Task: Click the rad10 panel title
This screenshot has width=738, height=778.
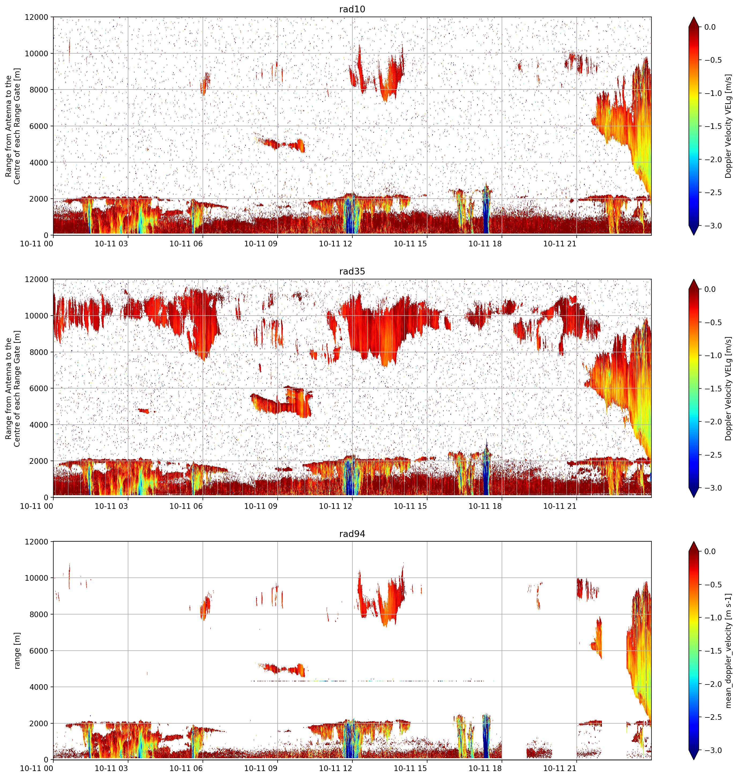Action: (352, 9)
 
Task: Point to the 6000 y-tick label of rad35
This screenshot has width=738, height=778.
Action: (39, 388)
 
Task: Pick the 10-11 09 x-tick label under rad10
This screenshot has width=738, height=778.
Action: (261, 244)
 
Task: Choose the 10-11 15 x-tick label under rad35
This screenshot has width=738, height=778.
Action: (410, 506)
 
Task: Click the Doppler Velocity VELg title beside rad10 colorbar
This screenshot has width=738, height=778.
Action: (728, 126)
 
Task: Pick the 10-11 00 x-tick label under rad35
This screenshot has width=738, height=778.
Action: (37, 506)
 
